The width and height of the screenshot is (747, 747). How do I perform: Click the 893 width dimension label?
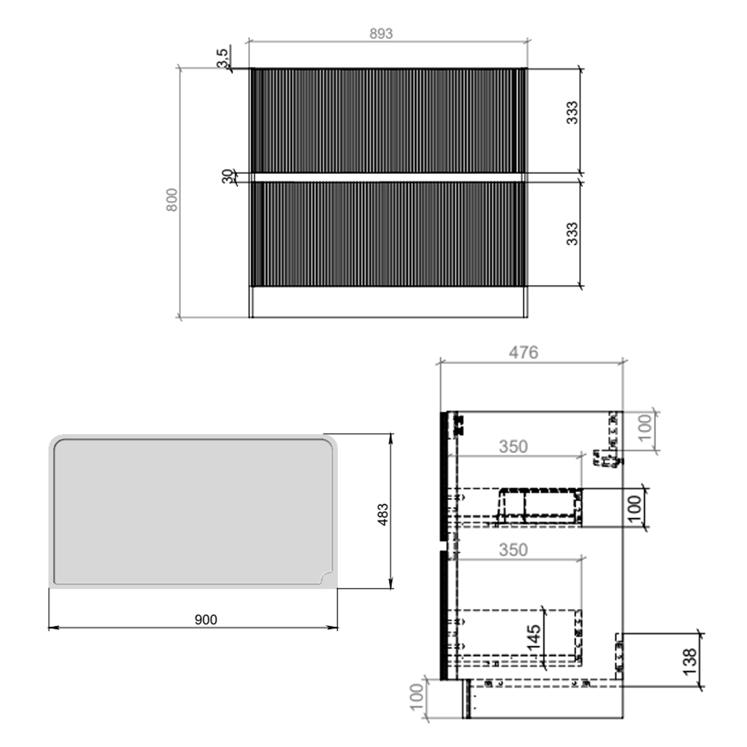(381, 33)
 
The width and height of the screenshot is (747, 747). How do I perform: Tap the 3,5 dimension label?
(224, 57)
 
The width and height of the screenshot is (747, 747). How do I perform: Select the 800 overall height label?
(172, 200)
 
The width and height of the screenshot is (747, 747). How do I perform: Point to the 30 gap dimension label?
(228, 176)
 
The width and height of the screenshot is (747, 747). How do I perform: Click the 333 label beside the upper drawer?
(572, 112)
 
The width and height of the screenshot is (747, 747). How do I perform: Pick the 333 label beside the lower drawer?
(572, 234)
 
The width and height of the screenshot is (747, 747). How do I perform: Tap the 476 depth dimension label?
(523, 353)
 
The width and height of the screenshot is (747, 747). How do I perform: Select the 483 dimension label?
(382, 514)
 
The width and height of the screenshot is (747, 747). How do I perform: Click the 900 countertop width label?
(206, 620)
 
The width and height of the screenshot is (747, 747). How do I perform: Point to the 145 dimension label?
(533, 637)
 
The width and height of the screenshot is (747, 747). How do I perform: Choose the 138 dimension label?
(689, 661)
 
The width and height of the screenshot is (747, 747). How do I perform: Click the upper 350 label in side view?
(513, 446)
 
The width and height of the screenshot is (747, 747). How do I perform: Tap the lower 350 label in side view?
(513, 549)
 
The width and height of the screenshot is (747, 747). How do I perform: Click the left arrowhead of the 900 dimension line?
(51, 627)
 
